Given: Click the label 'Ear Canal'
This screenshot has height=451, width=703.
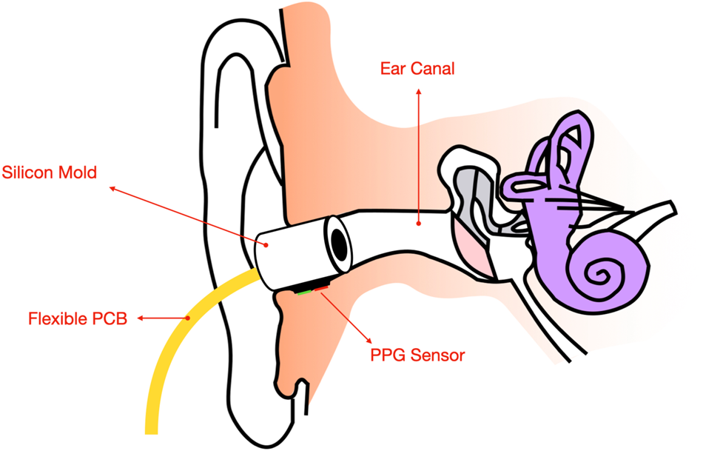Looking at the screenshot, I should (417, 70).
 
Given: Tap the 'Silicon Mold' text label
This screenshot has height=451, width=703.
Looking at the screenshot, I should (50, 173).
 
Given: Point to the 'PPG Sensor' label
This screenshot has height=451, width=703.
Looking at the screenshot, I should (417, 355).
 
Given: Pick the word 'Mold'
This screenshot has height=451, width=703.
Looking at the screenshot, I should (81, 173).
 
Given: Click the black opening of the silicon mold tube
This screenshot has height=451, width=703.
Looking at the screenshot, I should (340, 245).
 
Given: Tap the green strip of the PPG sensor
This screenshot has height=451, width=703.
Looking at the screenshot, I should (304, 292).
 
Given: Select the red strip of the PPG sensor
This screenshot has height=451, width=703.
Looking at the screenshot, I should (322, 288).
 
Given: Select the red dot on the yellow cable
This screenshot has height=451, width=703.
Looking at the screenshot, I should (189, 318).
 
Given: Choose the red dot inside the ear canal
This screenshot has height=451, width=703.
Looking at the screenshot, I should (419, 221).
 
